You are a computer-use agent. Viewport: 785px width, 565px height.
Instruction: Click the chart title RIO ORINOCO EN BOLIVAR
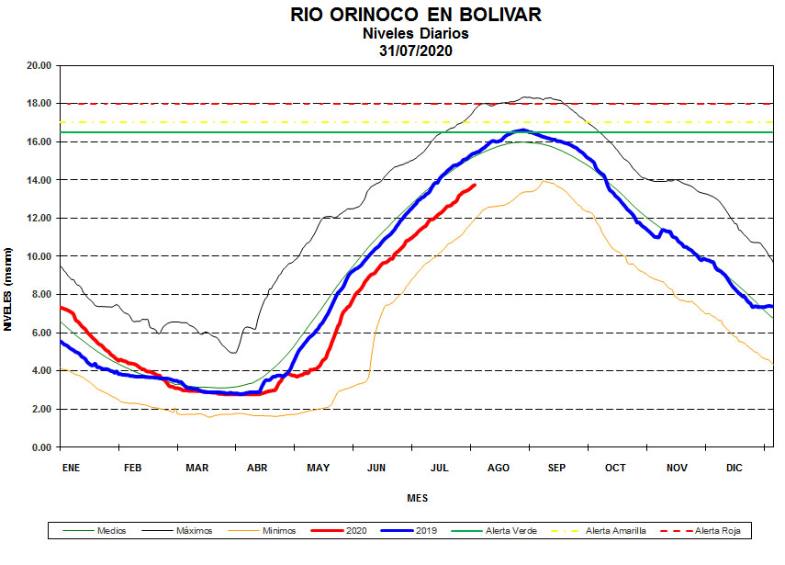pyautogui.click(x=416, y=15)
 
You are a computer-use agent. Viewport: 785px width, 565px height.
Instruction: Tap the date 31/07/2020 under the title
pyautogui.click(x=416, y=51)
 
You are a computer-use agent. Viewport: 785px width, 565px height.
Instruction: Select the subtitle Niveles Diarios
pyautogui.click(x=416, y=33)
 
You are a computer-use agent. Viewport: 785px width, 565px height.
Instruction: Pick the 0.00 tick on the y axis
pyautogui.click(x=40, y=447)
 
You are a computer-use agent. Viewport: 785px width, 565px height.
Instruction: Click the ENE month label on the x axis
pyautogui.click(x=71, y=468)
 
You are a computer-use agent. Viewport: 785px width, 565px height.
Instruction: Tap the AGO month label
pyautogui.click(x=499, y=468)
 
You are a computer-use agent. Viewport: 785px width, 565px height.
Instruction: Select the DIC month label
pyautogui.click(x=735, y=468)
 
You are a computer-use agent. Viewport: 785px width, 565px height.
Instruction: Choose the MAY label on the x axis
pyautogui.click(x=318, y=468)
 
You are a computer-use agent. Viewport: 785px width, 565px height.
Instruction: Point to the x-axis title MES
pyautogui.click(x=417, y=498)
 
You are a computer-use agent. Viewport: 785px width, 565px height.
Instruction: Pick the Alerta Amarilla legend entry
pyautogui.click(x=615, y=531)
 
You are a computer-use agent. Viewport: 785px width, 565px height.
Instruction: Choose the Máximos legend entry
pyautogui.click(x=193, y=531)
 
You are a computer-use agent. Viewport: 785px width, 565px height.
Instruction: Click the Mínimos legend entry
pyautogui.click(x=278, y=531)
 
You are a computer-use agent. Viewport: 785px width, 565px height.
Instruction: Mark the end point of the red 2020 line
pyautogui.click(x=475, y=185)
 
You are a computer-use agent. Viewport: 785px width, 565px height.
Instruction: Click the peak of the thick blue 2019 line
pyautogui.click(x=523, y=130)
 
